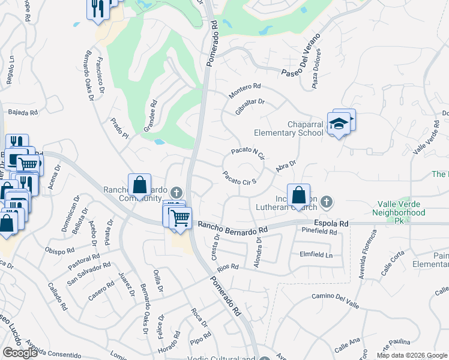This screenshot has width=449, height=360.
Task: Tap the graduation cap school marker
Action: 339,124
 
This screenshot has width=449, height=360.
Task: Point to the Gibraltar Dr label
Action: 250,107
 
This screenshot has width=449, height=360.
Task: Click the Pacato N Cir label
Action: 248,154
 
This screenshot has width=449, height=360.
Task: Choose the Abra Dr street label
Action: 286,166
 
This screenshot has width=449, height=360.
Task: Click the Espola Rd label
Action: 334,223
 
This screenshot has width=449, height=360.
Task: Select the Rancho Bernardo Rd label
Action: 232,227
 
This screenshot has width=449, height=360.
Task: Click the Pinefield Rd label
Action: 320,231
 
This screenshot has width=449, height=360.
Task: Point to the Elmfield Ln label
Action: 316,254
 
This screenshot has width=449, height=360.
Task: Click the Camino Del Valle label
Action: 335,301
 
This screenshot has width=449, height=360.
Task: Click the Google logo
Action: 19,353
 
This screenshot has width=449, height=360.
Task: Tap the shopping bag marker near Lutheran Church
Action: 298,196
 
